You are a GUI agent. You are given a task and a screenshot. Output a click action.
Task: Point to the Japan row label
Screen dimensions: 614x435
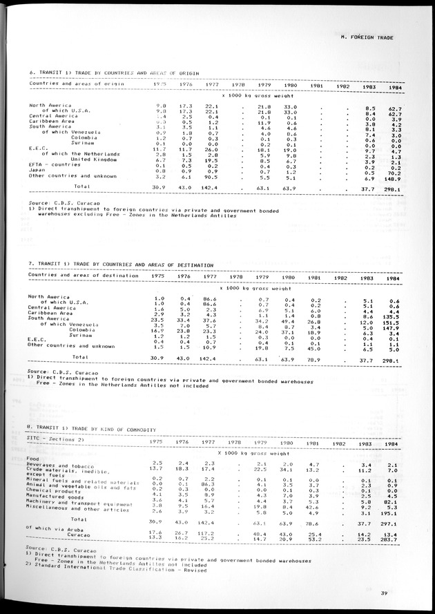point(38,170)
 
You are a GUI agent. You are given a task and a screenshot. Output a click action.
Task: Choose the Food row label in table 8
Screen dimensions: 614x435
point(32,457)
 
